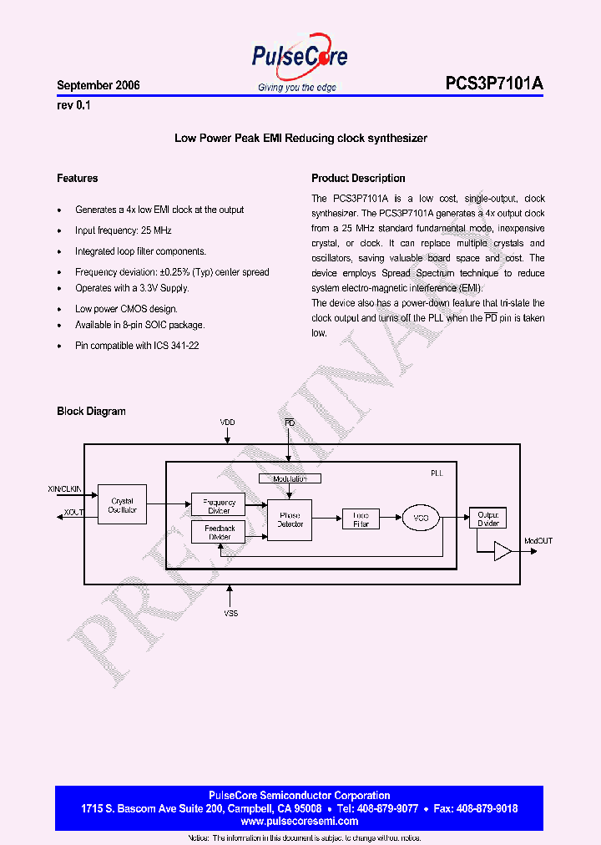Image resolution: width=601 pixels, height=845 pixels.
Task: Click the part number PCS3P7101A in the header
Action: click(x=494, y=85)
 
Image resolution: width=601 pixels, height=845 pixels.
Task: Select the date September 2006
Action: click(x=98, y=86)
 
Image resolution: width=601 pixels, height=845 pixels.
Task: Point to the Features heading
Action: click(x=77, y=179)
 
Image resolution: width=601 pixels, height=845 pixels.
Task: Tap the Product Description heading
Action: click(x=358, y=179)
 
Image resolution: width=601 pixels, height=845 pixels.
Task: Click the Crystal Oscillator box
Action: click(x=122, y=506)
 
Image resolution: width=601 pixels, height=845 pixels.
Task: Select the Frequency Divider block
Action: click(x=219, y=505)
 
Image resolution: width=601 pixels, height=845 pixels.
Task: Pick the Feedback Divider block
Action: click(x=219, y=533)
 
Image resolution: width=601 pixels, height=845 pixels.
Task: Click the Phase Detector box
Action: click(x=290, y=519)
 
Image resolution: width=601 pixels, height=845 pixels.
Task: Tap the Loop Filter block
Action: click(x=361, y=519)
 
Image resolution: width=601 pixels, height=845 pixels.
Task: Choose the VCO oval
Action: click(x=421, y=519)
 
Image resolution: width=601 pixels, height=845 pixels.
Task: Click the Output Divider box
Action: click(x=488, y=519)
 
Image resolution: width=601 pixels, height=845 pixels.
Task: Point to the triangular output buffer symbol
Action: click(x=503, y=551)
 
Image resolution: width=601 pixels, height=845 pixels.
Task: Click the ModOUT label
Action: click(x=538, y=541)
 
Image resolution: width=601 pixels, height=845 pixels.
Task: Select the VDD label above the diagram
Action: click(x=227, y=423)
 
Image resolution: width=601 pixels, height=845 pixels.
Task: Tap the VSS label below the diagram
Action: click(x=230, y=614)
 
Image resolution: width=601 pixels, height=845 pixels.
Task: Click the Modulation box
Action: click(x=290, y=479)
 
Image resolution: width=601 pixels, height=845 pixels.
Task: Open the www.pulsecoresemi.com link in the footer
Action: click(x=299, y=822)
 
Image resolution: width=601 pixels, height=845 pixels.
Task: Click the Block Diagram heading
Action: click(x=91, y=412)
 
